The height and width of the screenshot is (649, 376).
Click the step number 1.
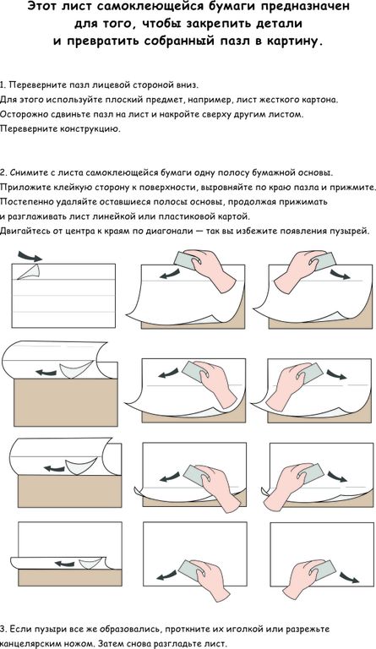(3, 85)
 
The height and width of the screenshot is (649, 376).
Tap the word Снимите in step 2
(27, 172)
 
